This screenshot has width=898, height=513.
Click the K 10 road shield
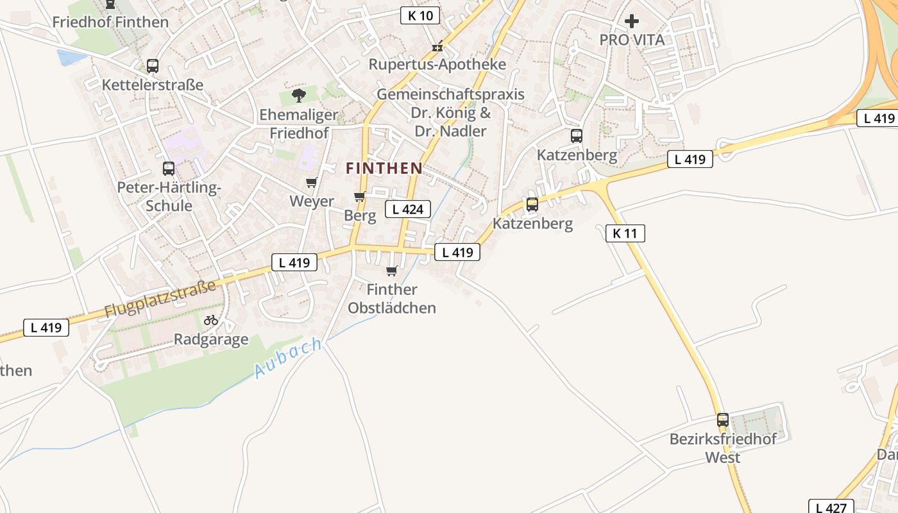[420, 15]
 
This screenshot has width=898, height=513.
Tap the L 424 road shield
[407, 208]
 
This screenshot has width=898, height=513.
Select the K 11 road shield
[625, 233]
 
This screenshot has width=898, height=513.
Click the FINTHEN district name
[384, 169]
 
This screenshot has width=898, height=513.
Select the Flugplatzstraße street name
[160, 298]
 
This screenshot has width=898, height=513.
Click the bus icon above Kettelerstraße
[153, 65]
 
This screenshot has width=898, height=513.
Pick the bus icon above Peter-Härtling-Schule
[169, 169]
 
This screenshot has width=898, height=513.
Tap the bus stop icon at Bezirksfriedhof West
[723, 420]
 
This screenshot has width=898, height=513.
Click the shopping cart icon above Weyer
[312, 183]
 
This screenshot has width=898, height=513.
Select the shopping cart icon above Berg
[359, 196]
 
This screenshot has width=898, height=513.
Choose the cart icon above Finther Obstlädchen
[392, 271]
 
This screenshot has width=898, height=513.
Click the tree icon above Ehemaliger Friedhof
[298, 96]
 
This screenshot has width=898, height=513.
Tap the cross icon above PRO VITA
[632, 21]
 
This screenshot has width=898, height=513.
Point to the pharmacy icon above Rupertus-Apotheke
[437, 46]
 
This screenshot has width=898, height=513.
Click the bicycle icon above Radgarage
[211, 319]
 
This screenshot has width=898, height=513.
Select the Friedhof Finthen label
[110, 22]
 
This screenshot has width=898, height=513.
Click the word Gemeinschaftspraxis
[450, 94]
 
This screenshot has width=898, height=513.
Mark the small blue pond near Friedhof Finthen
[71, 58]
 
